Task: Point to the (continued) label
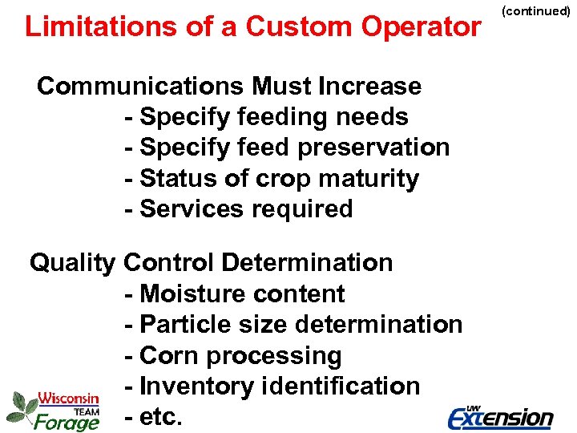(535, 11)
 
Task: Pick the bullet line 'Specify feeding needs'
(267, 117)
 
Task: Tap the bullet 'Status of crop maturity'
(272, 178)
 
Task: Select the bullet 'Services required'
(239, 208)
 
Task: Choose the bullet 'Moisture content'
(235, 293)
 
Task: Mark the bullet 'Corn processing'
(233, 355)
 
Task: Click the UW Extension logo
(500, 416)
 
